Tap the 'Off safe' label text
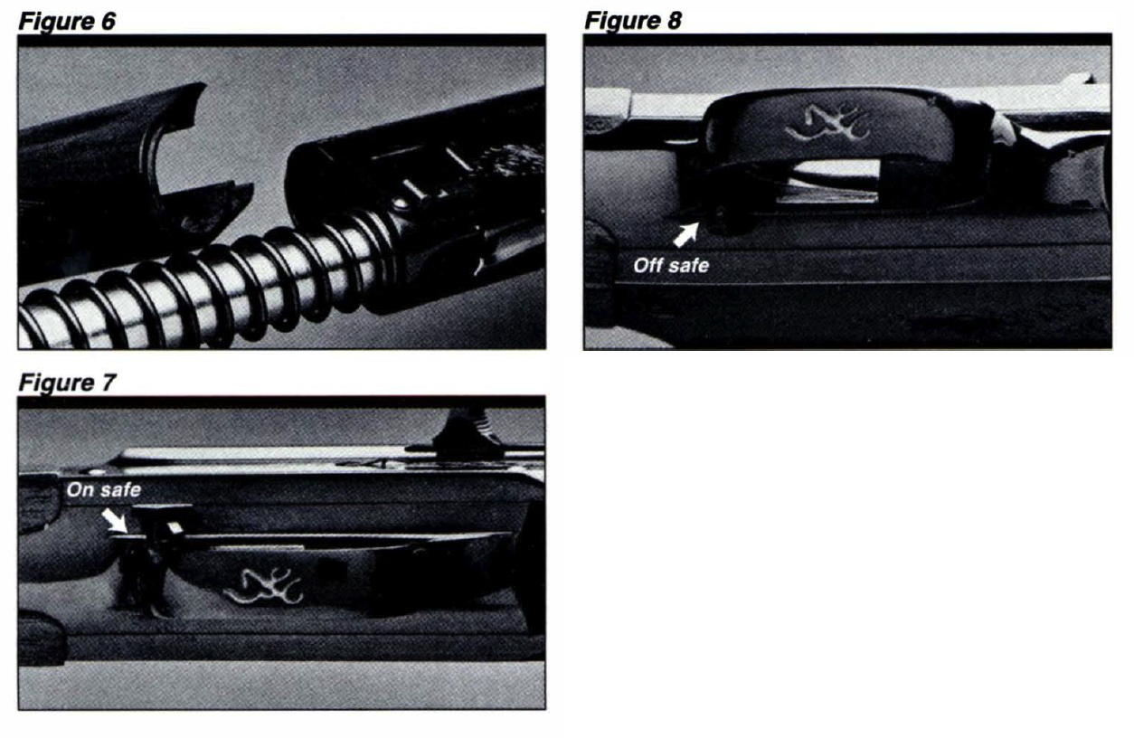(671, 267)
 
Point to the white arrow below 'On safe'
(116, 520)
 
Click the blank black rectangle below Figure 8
(848, 547)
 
